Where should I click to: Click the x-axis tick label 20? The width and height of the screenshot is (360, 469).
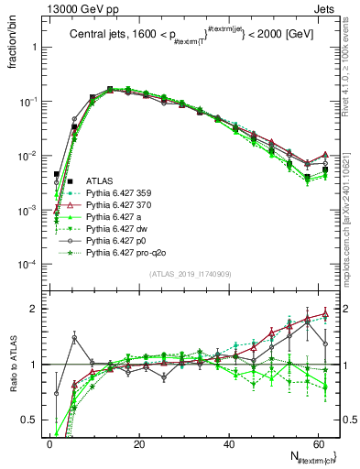[138, 442]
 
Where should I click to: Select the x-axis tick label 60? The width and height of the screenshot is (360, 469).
[317, 442]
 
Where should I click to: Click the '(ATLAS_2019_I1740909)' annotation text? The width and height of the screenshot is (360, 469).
[189, 275]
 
